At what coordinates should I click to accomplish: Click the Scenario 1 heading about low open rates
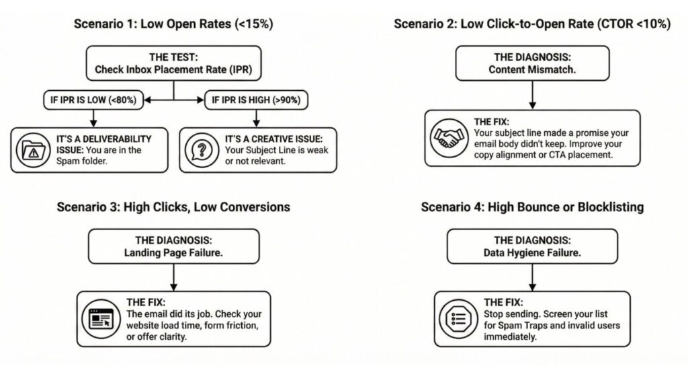coord(174,25)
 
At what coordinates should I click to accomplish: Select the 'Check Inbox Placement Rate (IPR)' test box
coord(174,63)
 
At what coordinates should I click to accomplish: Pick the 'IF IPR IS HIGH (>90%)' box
coord(256,100)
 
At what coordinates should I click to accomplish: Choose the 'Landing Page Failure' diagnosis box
coord(174,246)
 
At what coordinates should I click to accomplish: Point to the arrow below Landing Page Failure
coord(174,277)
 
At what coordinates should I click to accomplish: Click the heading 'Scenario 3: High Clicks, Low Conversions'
coord(174,207)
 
